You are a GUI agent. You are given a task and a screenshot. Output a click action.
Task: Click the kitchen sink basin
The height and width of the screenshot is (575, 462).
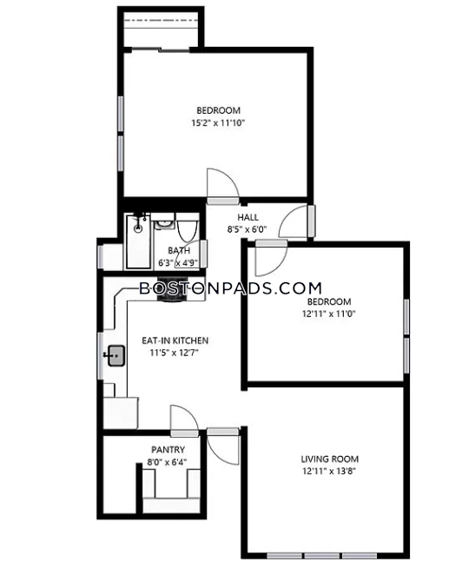[116, 355]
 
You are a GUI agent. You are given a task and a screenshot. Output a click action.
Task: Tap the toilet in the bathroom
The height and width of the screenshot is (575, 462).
[188, 227]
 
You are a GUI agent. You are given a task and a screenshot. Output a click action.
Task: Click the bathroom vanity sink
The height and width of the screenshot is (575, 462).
[162, 221]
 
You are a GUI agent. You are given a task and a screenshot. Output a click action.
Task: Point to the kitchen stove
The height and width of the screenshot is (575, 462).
[172, 288]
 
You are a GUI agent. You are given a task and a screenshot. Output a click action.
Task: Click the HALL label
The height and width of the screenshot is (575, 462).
[247, 217]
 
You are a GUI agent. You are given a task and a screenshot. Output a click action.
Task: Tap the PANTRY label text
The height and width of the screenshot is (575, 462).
[168, 449]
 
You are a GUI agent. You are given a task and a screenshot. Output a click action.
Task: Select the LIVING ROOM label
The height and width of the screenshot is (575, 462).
[330, 459]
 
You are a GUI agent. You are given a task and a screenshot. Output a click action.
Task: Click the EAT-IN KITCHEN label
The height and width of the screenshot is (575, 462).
[175, 340]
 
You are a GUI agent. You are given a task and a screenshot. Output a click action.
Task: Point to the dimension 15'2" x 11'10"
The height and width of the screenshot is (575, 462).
[218, 122]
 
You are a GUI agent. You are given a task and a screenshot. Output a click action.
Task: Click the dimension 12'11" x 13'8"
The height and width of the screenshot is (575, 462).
[329, 471]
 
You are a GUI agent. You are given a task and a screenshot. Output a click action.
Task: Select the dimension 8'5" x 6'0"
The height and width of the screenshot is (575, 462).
[247, 229]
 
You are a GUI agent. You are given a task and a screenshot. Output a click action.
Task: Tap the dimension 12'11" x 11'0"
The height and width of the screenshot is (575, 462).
[329, 314]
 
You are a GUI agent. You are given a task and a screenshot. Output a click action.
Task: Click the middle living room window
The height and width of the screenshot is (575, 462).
[322, 556]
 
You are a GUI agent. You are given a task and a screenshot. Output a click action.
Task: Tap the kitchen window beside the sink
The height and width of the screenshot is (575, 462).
[100, 356]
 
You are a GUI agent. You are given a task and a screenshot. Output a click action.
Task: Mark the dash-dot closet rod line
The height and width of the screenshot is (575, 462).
[162, 21]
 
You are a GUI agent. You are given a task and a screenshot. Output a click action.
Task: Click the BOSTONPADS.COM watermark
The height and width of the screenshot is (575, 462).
[230, 288]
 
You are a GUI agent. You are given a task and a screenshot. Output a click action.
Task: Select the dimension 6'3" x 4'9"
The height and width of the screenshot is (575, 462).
[178, 262]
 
